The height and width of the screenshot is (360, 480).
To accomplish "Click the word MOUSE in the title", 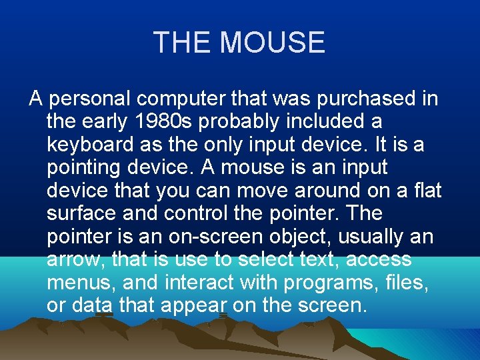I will pos(272,43).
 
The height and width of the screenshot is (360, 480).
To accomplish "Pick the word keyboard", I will pos(89,145).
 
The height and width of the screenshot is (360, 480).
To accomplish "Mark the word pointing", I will pos(85,168).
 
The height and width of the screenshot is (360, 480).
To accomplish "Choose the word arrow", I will pos(77,259).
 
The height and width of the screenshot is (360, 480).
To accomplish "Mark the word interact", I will pos(204,282).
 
